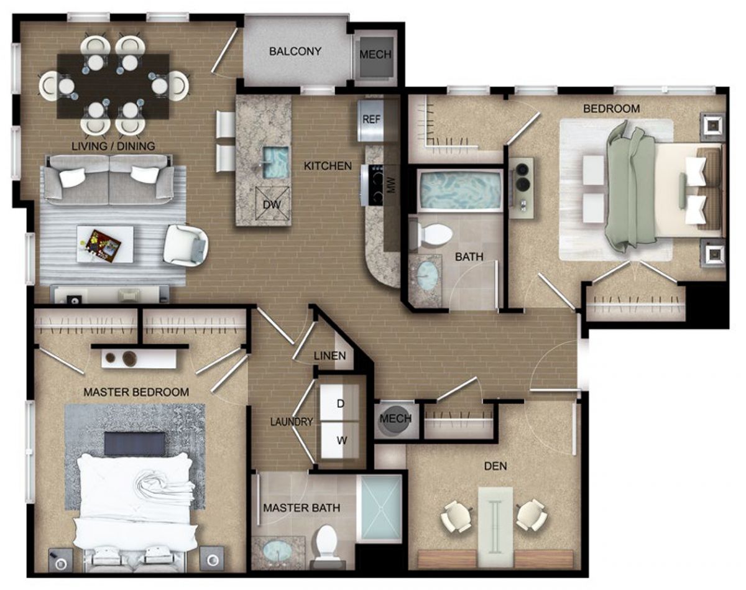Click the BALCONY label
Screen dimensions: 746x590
tap(295, 52)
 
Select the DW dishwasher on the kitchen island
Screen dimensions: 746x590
tap(272, 203)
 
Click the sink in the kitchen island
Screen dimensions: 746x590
tap(275, 162)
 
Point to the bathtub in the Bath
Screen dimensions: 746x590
tap(459, 190)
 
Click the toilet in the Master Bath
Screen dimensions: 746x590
tap(327, 546)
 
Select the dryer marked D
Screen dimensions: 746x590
tap(339, 403)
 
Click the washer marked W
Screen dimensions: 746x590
tap(341, 440)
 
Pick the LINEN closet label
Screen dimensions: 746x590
tap(329, 356)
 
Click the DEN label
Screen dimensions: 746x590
tap(495, 466)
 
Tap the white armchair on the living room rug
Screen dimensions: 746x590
tap(186, 246)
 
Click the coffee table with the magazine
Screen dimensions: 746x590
tap(105, 244)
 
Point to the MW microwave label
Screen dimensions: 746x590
tap(392, 186)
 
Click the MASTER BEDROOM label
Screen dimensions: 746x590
tap(136, 392)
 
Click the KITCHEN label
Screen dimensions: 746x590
tap(328, 166)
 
